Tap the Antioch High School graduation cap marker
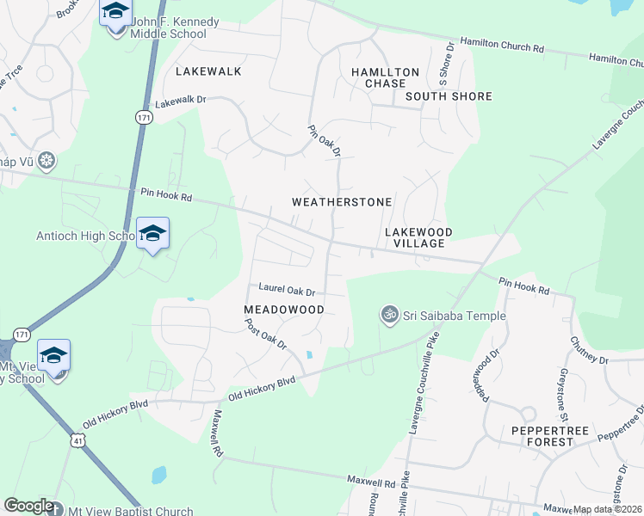pyautogui.click(x=152, y=233)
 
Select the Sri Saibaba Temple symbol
pyautogui.click(x=390, y=316)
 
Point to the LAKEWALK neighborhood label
pyautogui.click(x=208, y=71)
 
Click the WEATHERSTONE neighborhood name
pyautogui.click(x=342, y=202)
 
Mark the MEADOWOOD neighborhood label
pyautogui.click(x=283, y=309)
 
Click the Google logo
pyautogui.click(x=28, y=506)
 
